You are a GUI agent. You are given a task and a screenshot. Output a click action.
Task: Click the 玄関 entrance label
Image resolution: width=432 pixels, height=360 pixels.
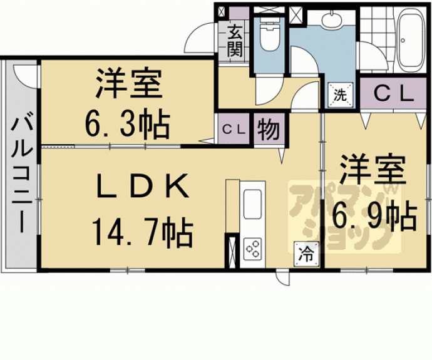pos(235,41)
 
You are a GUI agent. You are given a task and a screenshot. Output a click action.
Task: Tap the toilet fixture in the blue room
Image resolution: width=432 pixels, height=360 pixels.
pos(270,37)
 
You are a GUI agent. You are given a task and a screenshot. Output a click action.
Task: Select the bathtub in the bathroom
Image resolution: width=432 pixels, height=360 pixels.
pos(410,39)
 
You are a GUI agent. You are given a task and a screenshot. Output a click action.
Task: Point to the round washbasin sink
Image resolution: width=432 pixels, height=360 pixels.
pos(331,20)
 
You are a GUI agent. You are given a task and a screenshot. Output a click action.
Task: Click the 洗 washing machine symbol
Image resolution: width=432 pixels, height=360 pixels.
pos(340,95)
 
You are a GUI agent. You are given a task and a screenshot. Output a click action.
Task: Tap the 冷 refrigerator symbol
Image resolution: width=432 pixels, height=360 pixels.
pos(306,255)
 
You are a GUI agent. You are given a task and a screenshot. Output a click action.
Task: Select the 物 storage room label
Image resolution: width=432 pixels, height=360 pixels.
pos(269,129)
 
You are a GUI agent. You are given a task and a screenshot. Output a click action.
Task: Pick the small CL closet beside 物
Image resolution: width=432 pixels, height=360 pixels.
pos(234,129)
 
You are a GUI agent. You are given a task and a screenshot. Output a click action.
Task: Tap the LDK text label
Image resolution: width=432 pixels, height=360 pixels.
pos(142,186)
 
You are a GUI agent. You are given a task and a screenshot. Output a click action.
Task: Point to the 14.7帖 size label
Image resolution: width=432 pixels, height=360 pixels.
pos(142,232)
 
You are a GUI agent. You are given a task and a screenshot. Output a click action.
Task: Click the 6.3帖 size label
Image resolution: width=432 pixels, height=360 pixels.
pos(126,125)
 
